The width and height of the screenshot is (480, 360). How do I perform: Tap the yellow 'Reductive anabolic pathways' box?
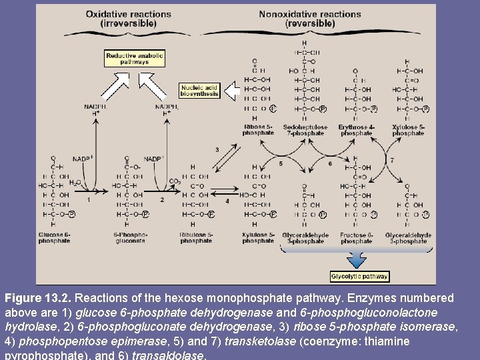[x=135, y=59]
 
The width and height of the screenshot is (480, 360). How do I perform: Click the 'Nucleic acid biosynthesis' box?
[x=199, y=91]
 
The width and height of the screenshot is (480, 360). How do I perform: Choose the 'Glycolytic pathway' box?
[x=359, y=276]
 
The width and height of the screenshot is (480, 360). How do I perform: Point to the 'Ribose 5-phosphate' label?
[x=258, y=130]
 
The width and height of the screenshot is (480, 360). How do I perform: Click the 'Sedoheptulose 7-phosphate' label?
[x=305, y=130]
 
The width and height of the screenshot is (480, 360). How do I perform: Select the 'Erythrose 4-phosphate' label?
[x=356, y=130]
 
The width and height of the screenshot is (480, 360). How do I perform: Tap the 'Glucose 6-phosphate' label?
[x=54, y=238]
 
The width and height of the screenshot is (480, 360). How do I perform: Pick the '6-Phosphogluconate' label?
[x=131, y=238]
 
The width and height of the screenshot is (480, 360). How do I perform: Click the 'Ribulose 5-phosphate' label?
[x=196, y=238]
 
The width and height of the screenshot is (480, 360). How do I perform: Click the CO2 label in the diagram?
[x=175, y=181]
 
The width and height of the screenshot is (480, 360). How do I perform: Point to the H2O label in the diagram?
[x=76, y=181]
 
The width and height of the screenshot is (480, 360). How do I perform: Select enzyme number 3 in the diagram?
[x=217, y=150]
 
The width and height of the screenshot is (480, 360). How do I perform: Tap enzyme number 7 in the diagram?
[x=391, y=161]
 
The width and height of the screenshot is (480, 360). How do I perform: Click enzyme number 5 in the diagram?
[x=281, y=163]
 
